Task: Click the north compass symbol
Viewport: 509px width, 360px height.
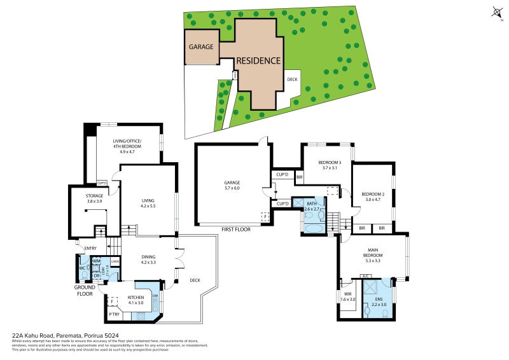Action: pos(496,12)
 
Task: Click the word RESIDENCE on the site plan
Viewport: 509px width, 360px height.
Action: pos(258,61)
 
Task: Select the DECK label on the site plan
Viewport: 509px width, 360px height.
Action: pos(292,80)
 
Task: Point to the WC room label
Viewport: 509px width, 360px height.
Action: pos(82,268)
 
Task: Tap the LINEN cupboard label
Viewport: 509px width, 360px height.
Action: pos(115,261)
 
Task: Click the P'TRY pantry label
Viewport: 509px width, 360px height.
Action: pos(115,314)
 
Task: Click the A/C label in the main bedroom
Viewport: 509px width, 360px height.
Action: pos(365,275)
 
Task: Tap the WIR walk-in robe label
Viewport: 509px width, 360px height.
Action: pos(347,293)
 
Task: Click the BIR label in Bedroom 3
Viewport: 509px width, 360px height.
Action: pos(299,177)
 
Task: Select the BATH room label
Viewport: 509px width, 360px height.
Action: pos(312,203)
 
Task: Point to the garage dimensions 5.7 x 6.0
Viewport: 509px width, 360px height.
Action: pos(232,188)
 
